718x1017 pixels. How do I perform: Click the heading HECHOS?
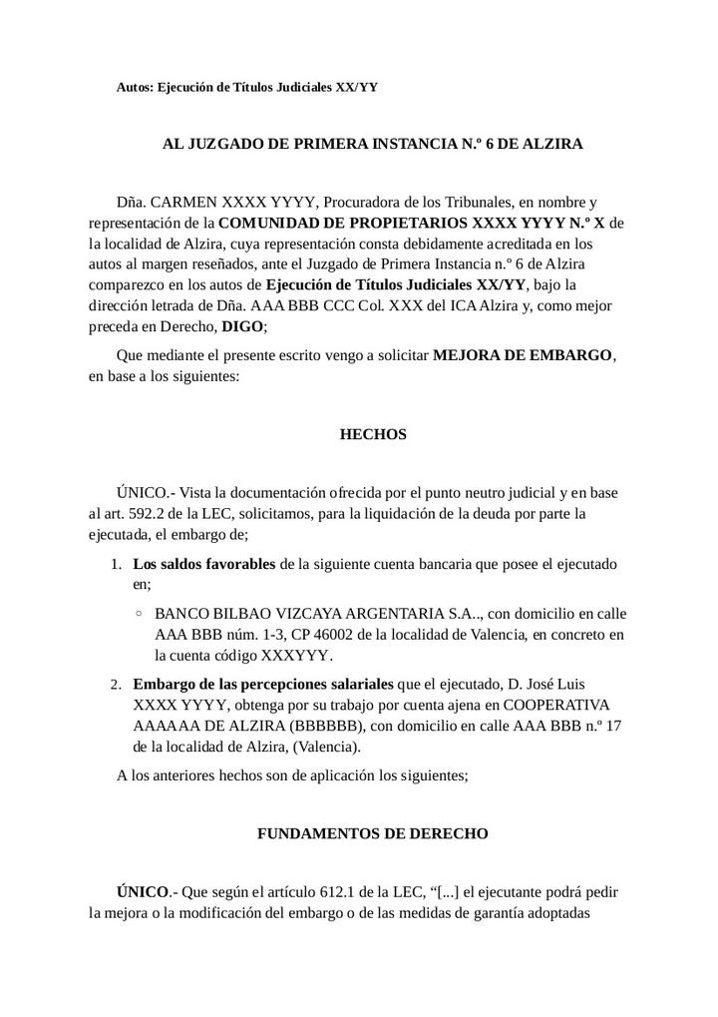click(373, 435)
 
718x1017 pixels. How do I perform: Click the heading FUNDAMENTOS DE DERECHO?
click(373, 833)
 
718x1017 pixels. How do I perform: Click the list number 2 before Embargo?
click(115, 684)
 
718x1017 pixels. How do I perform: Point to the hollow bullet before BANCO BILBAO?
click(139, 614)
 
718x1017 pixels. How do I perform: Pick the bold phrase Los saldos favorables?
click(204, 564)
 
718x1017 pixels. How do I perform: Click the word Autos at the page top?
click(136, 87)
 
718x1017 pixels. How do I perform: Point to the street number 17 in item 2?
click(614, 726)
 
